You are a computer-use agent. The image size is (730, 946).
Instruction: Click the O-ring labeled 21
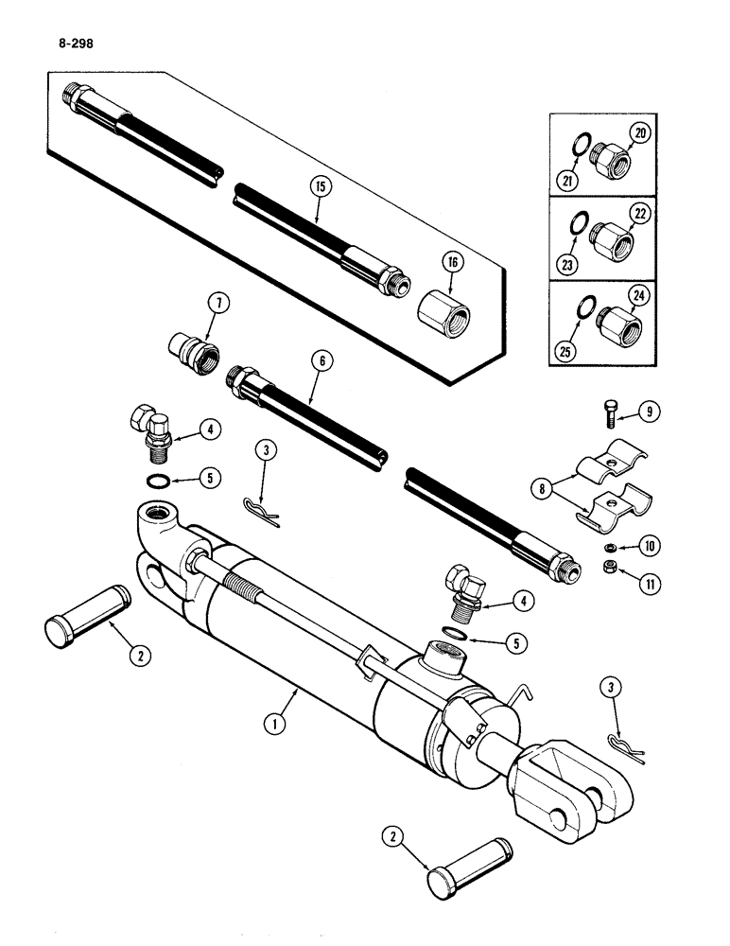pyautogui.click(x=585, y=147)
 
